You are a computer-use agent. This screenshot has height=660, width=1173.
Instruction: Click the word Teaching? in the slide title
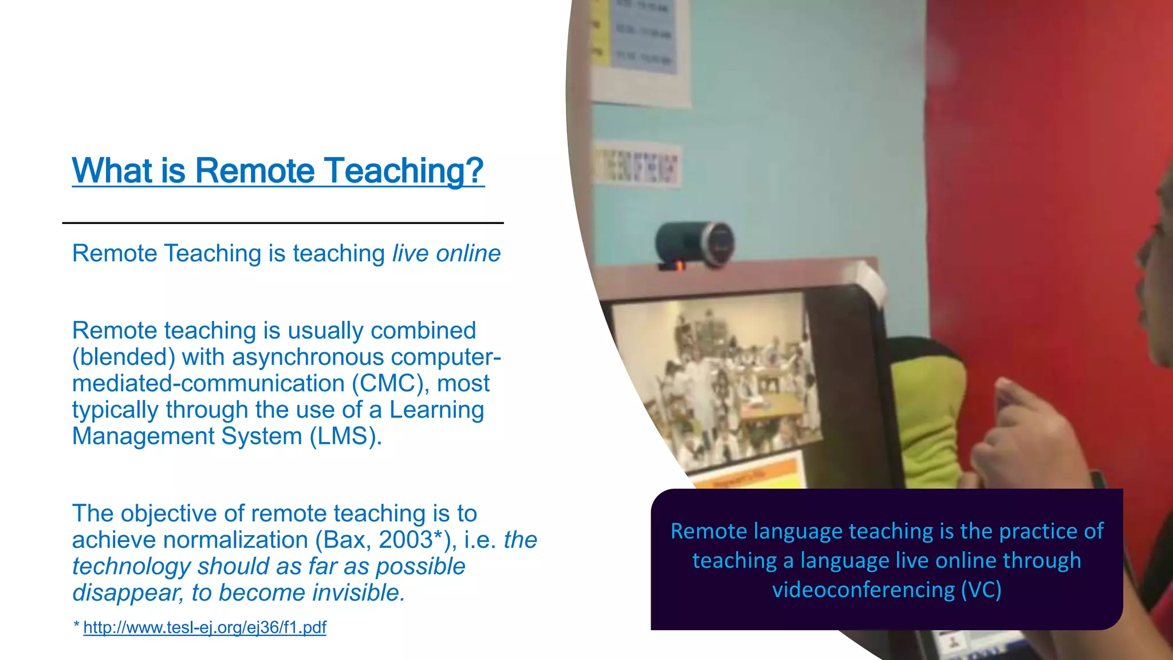point(404,171)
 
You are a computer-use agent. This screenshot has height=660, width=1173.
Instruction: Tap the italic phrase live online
point(446,253)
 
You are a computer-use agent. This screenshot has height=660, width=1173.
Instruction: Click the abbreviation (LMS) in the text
point(345,436)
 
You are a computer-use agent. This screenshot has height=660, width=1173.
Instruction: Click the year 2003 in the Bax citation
point(405,540)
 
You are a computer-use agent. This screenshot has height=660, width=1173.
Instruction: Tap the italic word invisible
point(359,592)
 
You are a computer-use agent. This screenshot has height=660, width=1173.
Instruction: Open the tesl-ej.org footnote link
point(204,627)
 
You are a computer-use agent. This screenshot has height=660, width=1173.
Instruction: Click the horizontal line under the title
point(282,223)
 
